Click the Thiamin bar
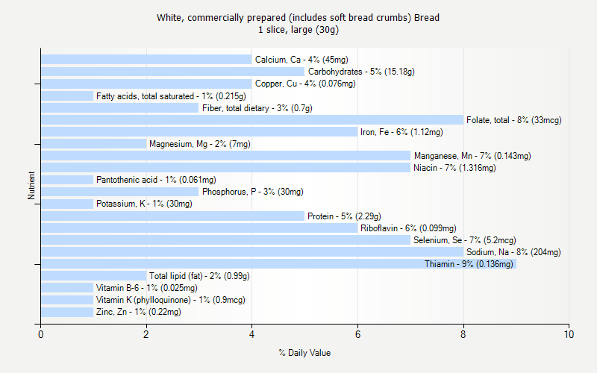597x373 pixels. [278, 264]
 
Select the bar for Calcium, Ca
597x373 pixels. [146, 60]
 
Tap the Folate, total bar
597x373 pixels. [252, 120]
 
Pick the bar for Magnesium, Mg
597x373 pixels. [93, 144]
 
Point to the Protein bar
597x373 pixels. [172, 216]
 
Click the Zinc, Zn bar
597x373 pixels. [67, 312]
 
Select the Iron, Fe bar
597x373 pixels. [199, 132]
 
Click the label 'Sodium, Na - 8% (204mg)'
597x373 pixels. [513, 252]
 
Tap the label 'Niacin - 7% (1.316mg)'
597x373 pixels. [454, 168]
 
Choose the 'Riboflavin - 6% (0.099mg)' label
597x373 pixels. [408, 228]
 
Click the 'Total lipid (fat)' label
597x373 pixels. [199, 276]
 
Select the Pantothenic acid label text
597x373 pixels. [156, 180]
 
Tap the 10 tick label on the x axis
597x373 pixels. [569, 335]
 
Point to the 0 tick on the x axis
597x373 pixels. [41, 335]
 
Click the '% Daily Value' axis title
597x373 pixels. [304, 353]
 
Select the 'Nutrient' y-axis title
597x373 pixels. [31, 186]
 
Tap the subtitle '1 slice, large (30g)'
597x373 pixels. [298, 30]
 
